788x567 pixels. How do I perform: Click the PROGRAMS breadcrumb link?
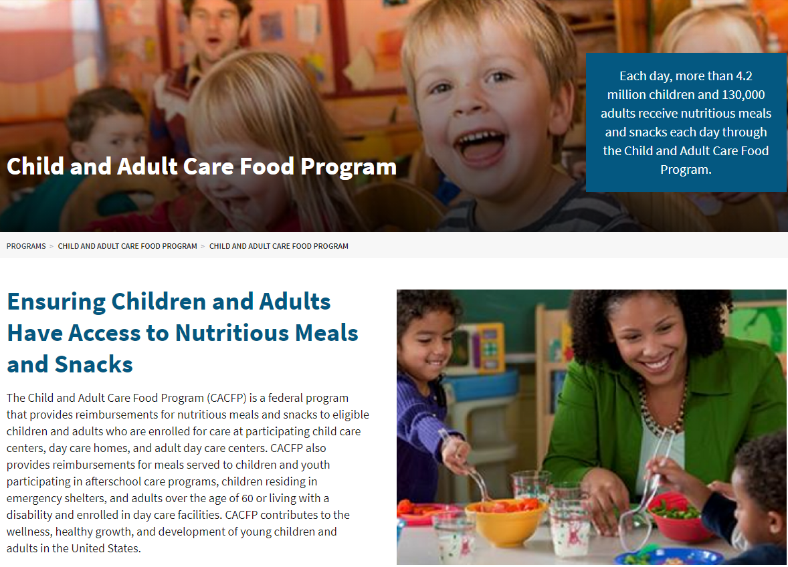click(26, 246)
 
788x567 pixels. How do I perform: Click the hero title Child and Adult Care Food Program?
click(201, 166)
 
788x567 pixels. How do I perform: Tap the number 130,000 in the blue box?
click(740, 95)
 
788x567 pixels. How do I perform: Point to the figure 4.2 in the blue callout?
click(742, 76)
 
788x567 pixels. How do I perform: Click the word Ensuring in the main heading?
click(56, 302)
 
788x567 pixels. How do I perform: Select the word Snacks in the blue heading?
click(94, 364)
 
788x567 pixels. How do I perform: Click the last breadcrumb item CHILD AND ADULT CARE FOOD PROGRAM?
click(278, 246)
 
